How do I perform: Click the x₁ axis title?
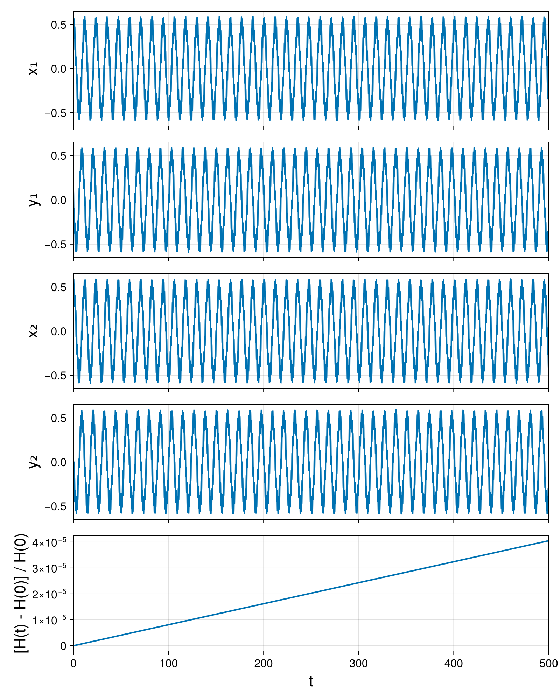pos(33,69)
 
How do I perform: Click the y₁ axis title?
pos(34,200)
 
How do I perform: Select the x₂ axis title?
pos(33,331)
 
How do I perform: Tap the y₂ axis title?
pos(34,462)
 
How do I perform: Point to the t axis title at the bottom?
pos(311,681)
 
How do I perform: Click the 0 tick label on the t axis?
pos(73,663)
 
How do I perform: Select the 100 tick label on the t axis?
pos(168,663)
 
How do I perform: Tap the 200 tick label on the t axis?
pos(263,663)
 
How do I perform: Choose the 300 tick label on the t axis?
pos(358,663)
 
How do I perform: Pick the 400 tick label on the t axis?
pos(454,663)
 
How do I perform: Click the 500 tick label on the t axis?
pos(548,663)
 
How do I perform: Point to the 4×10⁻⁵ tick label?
pos(49,542)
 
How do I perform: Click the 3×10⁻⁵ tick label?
pos(49,568)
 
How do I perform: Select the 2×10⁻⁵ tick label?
pos(49,594)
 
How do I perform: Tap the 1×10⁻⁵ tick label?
pos(49,620)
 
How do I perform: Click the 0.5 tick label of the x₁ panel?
pos(58,25)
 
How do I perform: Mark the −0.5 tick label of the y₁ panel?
pos(55,244)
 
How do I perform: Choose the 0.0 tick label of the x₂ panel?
pos(58,331)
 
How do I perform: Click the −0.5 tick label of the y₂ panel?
pos(55,506)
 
